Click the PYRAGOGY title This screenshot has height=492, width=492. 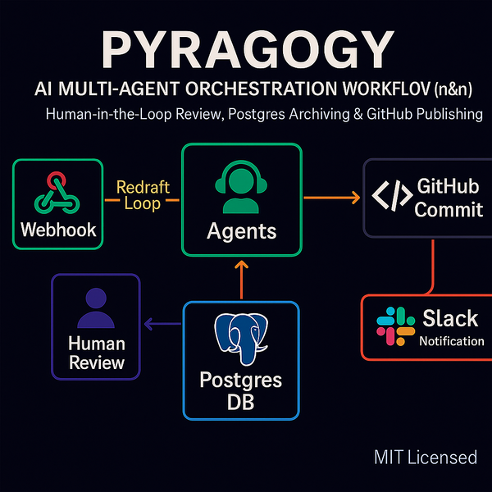pyautogui.click(x=245, y=51)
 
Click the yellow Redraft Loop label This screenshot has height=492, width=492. pyautogui.click(x=143, y=195)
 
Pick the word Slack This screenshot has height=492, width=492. pyautogui.click(x=450, y=317)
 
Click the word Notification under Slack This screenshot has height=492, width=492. pyautogui.click(x=451, y=340)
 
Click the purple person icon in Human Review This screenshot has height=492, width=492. pyautogui.click(x=96, y=309)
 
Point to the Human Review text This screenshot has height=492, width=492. pyautogui.click(x=96, y=353)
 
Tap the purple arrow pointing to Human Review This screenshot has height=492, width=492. pyautogui.click(x=162, y=326)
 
